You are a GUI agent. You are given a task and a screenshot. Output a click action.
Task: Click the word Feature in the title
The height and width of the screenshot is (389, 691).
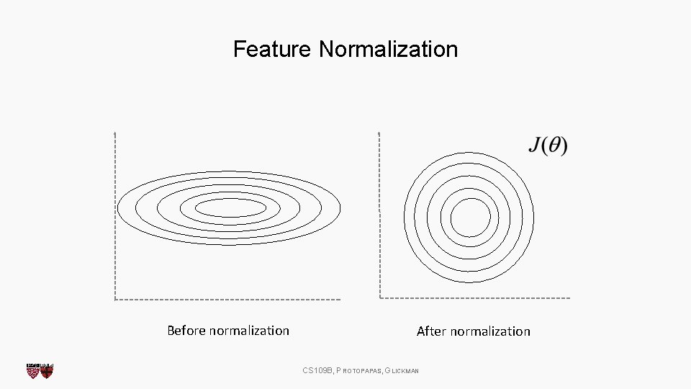272,49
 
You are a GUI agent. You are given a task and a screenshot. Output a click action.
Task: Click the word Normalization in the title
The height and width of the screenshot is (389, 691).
388,49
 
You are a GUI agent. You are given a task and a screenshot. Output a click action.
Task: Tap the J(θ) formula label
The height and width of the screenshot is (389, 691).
548,146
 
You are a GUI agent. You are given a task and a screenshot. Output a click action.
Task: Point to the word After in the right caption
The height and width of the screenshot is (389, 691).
431,331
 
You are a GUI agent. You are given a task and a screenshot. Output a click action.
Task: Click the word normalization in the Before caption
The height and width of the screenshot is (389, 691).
248,331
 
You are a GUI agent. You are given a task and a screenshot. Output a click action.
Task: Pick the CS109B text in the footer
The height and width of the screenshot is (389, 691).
317,370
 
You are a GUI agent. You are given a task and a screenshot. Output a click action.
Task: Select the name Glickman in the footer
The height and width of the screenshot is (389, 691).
402,370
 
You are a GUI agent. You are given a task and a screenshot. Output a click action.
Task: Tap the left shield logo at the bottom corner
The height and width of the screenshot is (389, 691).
32,370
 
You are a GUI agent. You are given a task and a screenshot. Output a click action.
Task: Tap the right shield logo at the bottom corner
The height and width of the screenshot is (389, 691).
47,370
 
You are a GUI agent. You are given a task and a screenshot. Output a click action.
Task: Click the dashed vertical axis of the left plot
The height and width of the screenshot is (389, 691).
114,216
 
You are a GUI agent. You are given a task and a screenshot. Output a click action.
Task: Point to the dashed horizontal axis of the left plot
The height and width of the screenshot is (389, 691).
227,298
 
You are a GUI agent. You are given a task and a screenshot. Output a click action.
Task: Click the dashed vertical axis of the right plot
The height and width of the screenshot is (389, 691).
379,216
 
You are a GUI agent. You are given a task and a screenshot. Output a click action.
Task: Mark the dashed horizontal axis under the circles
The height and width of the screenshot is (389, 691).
475,298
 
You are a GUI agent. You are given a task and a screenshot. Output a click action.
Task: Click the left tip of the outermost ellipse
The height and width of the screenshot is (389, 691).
118,207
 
